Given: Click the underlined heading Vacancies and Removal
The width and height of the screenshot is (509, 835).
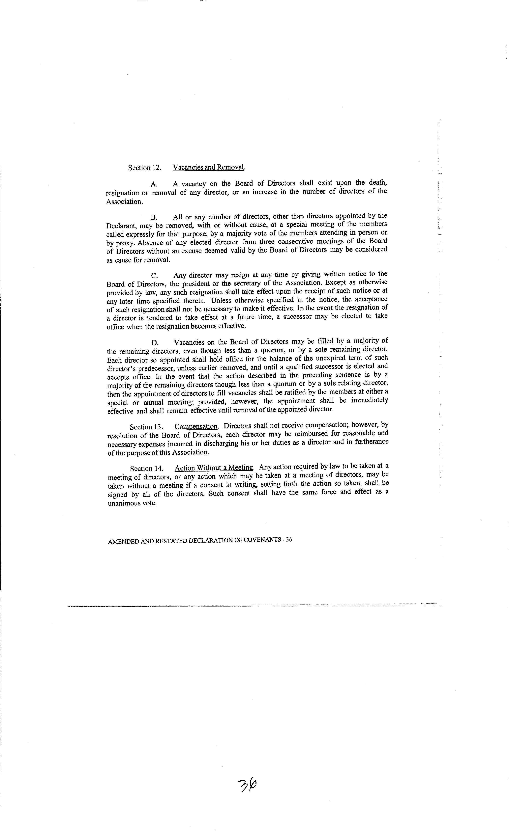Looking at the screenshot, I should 209,167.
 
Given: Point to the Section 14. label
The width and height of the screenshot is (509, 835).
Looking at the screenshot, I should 146,469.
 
